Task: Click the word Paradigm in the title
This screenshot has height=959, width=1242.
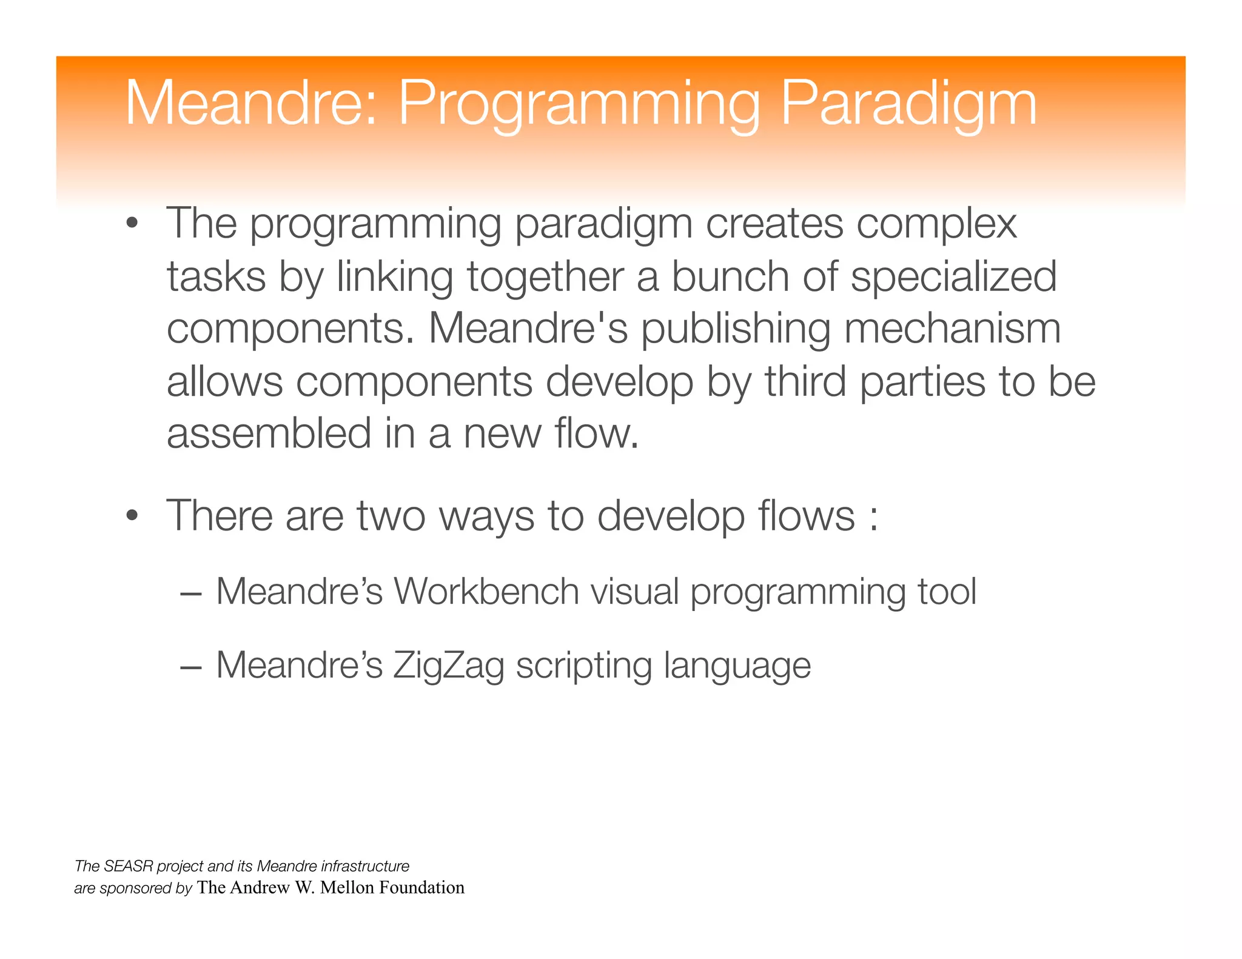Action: tap(908, 104)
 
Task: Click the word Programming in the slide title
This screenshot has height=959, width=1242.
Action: tap(578, 104)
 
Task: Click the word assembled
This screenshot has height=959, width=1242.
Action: tap(269, 434)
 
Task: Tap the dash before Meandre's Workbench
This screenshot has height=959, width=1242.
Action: tap(190, 593)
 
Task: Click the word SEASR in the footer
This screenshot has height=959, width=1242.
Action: tap(129, 866)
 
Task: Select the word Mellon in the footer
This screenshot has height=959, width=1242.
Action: tap(347, 887)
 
